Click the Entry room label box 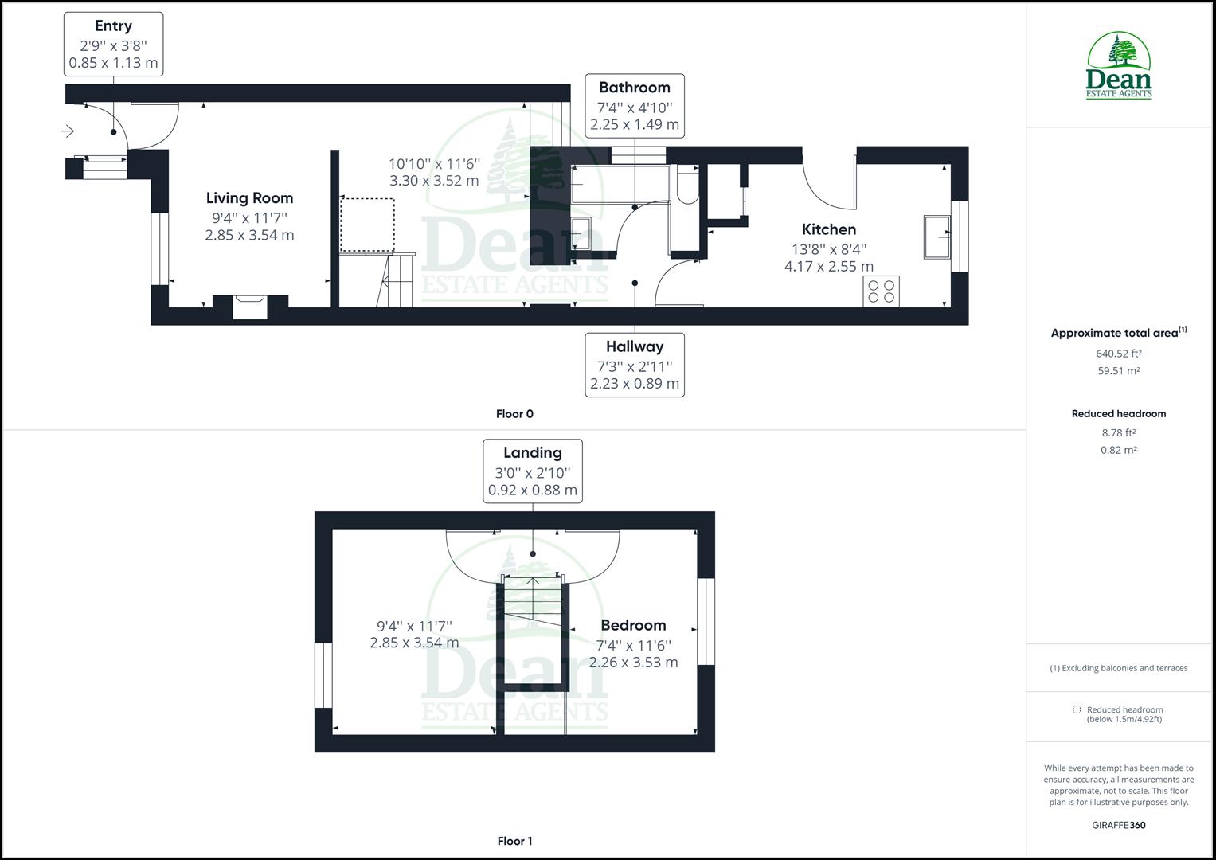coord(113,45)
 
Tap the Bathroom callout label coord(634,106)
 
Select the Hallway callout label coord(634,365)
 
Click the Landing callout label coord(532,471)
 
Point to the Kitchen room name coord(828,229)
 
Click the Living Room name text coord(249,198)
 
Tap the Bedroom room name coord(633,626)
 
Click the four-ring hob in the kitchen coord(881,291)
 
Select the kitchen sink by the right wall coord(937,236)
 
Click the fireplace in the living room coord(250,306)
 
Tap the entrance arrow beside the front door coord(67,131)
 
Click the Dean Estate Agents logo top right coord(1119,66)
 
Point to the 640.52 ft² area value coord(1118,354)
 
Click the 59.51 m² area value coord(1118,371)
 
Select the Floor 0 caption coord(514,414)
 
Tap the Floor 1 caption coord(514,841)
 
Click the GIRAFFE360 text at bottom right coord(1118,825)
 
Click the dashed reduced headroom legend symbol coord(1077,709)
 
